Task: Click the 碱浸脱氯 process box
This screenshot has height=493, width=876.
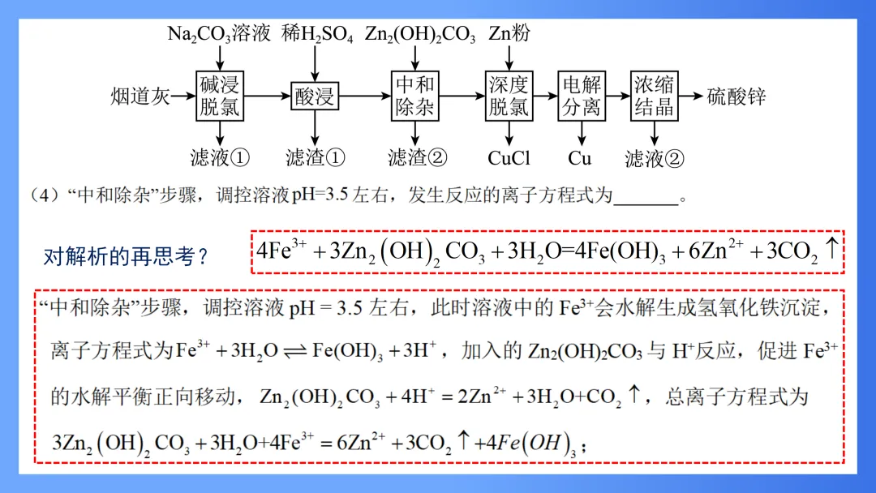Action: [220, 96]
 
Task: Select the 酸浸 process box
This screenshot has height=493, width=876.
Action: [314, 96]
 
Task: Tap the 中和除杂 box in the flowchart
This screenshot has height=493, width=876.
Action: [414, 96]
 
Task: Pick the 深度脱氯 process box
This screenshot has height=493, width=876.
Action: [509, 96]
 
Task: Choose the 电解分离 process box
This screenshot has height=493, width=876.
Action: [581, 96]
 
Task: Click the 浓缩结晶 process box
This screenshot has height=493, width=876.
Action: [654, 96]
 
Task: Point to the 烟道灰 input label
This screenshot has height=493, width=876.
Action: [140, 96]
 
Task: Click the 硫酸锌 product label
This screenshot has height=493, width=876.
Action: [736, 96]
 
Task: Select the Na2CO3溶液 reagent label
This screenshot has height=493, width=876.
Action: [218, 33]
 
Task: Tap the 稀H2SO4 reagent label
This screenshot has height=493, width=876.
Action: [317, 33]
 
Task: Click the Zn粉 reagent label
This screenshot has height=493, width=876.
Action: [509, 33]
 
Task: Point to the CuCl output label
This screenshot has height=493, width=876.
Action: [509, 157]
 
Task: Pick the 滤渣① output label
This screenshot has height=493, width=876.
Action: [315, 157]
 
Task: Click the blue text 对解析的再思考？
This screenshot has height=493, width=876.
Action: [126, 257]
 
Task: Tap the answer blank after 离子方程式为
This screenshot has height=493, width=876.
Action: [645, 196]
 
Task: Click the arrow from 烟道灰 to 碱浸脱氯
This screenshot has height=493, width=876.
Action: [183, 96]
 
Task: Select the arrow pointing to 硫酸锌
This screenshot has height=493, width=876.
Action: [691, 96]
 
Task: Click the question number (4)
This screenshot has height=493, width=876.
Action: [41, 196]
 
